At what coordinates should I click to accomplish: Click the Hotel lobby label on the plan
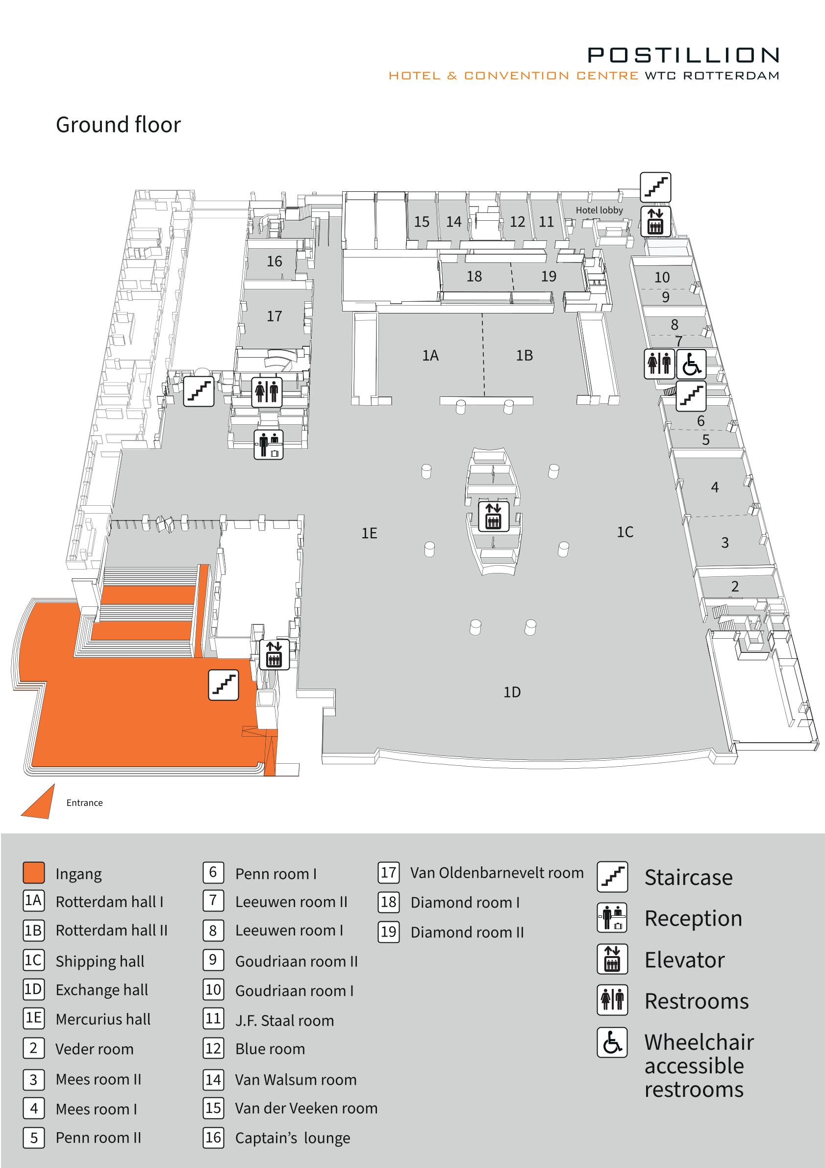click(x=599, y=210)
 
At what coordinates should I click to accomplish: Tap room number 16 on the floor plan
click(x=275, y=261)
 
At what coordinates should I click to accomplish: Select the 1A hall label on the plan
click(x=430, y=355)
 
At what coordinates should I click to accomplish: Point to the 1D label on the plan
click(x=512, y=692)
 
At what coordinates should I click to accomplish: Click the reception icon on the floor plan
click(x=269, y=444)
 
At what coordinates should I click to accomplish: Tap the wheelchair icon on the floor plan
click(x=691, y=363)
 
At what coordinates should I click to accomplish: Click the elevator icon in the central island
click(x=494, y=516)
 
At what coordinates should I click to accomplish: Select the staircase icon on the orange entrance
click(x=224, y=685)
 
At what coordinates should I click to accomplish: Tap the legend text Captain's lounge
click(x=293, y=1138)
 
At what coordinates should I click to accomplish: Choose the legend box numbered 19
click(x=388, y=932)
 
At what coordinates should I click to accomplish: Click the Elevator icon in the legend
click(x=612, y=959)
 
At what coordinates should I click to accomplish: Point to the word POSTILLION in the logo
click(x=683, y=55)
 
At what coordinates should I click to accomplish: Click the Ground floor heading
click(x=119, y=125)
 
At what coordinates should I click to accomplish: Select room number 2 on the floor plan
click(x=735, y=587)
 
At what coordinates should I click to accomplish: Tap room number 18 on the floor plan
click(x=474, y=276)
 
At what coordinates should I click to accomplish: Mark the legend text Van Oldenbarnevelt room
click(x=497, y=873)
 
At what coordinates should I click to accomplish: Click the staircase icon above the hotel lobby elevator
click(x=655, y=187)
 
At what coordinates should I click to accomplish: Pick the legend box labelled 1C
click(x=33, y=960)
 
